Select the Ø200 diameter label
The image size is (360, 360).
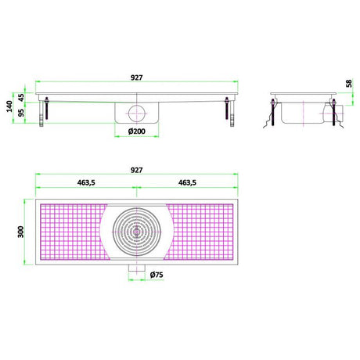click(138, 131)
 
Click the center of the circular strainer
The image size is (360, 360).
click(137, 232)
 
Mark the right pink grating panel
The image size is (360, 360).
click(202, 232)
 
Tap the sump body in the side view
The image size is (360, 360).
click(301, 116)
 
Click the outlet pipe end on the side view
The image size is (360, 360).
click(335, 114)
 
